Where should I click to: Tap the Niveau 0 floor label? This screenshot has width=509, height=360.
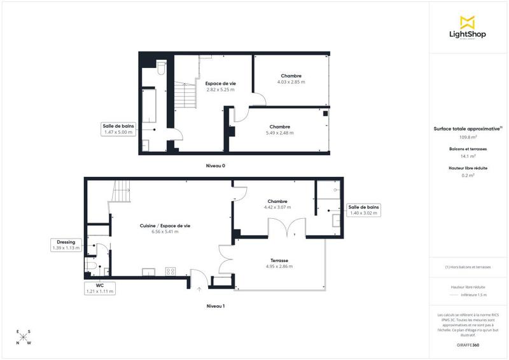[215, 166]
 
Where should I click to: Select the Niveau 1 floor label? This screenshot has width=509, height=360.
[215, 306]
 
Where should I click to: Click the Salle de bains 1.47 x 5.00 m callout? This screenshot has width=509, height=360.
[118, 129]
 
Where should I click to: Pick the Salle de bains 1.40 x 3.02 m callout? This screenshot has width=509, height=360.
[364, 210]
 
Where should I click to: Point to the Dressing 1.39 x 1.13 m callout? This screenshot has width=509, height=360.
[66, 245]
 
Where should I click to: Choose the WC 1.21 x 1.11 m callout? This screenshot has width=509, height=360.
[100, 288]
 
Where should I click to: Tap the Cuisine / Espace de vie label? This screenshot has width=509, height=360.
[165, 226]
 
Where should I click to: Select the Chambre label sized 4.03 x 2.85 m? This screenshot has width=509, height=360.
[291, 76]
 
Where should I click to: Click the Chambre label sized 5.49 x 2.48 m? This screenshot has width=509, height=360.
[280, 127]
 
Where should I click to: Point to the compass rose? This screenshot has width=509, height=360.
[23, 336]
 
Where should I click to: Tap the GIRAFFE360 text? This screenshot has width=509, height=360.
[468, 344]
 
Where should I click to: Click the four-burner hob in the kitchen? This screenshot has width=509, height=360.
[171, 272]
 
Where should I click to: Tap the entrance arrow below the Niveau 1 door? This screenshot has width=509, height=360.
[199, 288]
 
